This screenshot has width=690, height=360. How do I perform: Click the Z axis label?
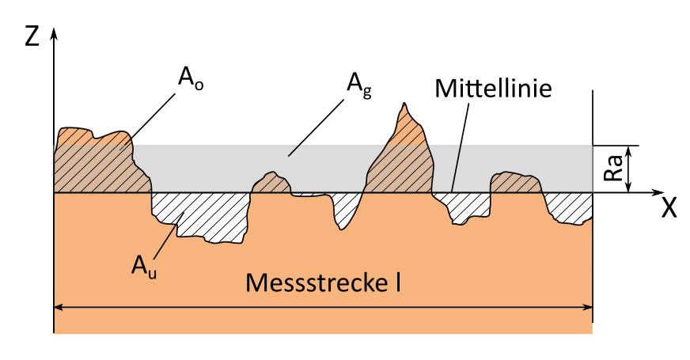point(32,36)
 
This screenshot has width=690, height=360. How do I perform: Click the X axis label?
point(669,208)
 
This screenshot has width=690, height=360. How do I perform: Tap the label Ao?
point(188,79)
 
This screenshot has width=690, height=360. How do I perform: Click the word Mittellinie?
point(493,88)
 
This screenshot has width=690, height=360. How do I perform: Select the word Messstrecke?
point(313,282)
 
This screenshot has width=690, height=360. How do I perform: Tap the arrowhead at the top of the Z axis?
point(53,34)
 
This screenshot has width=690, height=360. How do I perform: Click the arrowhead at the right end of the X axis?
point(656,192)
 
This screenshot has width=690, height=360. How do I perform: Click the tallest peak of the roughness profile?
point(404,104)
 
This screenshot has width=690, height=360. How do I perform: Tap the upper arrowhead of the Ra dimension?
point(629,150)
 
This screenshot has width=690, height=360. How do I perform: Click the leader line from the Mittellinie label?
point(459,146)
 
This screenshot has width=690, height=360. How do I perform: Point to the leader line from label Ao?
point(150,117)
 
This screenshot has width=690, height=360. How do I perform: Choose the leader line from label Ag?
point(317,125)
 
